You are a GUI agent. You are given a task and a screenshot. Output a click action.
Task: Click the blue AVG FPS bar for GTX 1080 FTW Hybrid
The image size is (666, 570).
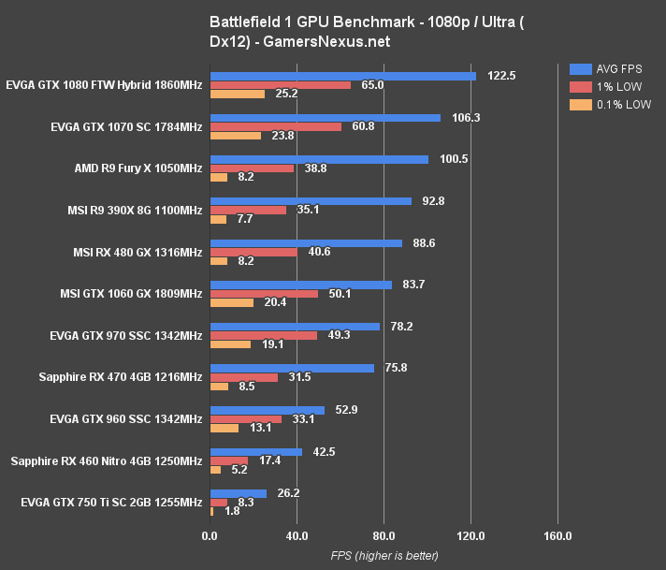point(342,76)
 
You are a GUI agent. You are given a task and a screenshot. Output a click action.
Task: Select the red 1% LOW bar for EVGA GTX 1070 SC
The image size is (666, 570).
point(276,126)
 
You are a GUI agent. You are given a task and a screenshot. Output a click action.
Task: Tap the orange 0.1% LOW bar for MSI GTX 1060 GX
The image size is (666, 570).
point(232,302)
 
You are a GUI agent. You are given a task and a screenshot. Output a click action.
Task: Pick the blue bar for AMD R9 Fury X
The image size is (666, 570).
point(319,159)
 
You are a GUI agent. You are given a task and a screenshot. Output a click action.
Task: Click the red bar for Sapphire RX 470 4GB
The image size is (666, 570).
point(244,377)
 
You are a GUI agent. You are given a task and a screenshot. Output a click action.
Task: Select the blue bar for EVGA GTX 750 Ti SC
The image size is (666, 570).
point(239,493)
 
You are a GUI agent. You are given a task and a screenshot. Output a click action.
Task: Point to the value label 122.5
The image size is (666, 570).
point(502,76)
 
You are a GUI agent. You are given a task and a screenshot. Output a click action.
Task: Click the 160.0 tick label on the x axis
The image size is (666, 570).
point(557,536)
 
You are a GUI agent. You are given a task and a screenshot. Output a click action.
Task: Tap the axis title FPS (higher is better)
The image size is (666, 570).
point(384,555)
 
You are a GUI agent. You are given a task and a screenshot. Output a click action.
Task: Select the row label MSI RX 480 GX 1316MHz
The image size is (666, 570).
point(138,253)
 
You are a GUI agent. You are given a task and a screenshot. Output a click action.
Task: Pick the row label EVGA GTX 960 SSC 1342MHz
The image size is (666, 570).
point(126,419)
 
